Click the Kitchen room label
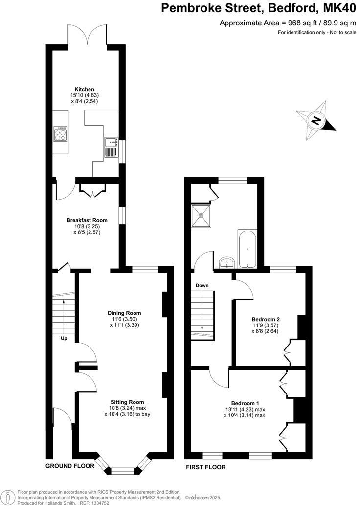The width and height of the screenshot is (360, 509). point(81,89)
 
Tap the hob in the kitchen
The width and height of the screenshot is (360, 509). point(60,134)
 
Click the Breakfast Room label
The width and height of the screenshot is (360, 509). point(87,220)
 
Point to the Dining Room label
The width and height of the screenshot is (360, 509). point(124,313)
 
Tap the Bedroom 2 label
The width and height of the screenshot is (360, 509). point(266,319)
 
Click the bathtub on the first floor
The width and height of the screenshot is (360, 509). point(247,249)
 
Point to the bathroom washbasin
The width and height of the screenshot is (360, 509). point(226,263)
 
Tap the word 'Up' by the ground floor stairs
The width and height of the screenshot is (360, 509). point(64,338)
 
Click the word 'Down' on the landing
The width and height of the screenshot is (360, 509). point(202,285)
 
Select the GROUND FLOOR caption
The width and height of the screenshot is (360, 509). point(70,466)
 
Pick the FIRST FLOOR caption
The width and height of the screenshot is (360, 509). point(206,467)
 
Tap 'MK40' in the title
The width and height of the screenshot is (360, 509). point(340,8)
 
